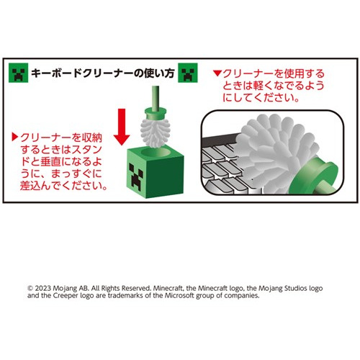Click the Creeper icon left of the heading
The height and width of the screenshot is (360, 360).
18,73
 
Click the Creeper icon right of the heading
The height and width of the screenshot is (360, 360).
188,73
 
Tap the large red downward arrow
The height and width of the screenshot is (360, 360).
122,127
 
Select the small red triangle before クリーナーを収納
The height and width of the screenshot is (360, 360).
15,137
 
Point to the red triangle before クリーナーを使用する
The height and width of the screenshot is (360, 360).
217,73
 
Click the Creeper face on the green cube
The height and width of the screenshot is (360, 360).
136,177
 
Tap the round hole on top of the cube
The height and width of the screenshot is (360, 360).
155,152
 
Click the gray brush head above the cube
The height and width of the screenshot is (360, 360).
156,132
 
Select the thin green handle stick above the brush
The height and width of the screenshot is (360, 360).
156,97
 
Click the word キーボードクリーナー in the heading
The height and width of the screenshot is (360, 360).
82,73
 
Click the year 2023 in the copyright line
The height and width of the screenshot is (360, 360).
43,288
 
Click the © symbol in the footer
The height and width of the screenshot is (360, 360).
30,288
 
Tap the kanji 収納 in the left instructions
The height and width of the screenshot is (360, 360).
92,138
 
